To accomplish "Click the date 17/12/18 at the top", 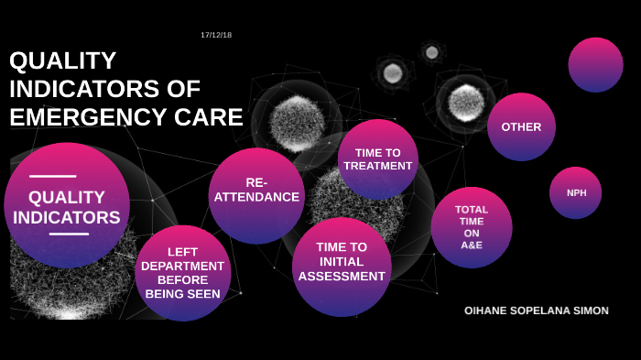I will point(216,35).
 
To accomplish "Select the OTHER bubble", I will point(521,126).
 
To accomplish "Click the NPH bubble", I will point(576,192).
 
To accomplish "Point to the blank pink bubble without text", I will point(595,64).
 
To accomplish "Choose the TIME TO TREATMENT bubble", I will point(378,159).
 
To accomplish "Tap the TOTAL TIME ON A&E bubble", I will point(472,227).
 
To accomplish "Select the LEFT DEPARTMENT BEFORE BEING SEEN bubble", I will point(182,273).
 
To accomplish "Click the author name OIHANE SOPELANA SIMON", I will point(536,311).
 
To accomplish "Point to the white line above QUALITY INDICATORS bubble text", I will point(53,176).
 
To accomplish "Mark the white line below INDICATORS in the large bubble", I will point(69,234).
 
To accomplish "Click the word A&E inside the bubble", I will point(472,245).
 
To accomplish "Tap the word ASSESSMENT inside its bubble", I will point(342,276).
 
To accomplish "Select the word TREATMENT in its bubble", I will point(378,166).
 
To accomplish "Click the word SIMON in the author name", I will point(591,311).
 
